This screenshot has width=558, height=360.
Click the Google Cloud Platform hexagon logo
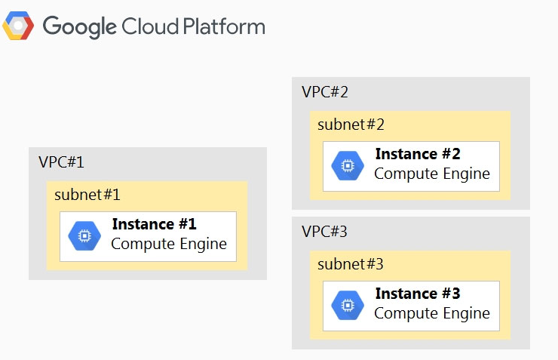click(18, 25)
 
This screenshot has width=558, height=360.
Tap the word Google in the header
click(79, 26)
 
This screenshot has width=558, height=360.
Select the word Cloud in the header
click(150, 26)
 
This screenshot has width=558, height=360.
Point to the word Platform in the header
click(224, 26)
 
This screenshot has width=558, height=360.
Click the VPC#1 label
click(61, 162)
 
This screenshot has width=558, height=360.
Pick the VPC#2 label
click(324, 92)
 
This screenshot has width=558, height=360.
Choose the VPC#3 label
click(324, 232)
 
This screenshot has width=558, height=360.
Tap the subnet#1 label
click(87, 195)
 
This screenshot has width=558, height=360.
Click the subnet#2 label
click(351, 125)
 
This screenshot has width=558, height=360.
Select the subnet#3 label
click(351, 264)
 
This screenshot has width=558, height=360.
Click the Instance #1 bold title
click(155, 224)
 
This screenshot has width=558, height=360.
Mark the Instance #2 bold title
click(418, 154)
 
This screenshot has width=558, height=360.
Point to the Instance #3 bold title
click(418, 294)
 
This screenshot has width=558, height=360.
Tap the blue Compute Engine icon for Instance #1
click(84, 235)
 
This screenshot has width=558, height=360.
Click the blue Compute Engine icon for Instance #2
click(348, 165)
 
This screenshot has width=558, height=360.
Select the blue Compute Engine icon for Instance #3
click(348, 305)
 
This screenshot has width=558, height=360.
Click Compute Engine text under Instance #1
click(169, 245)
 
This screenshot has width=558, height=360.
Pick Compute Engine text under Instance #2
click(432, 174)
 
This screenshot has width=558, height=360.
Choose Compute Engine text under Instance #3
click(432, 314)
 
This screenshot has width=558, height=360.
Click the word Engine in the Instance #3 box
click(466, 314)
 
